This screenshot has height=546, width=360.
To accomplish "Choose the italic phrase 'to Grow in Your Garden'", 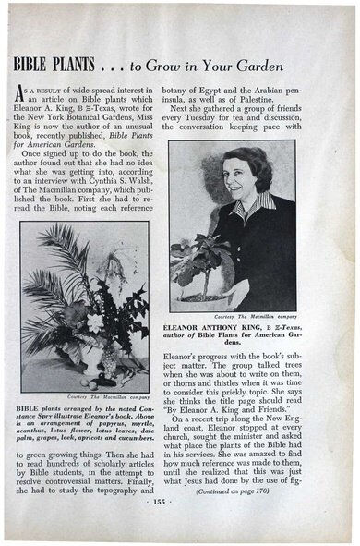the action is (x=180, y=65).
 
